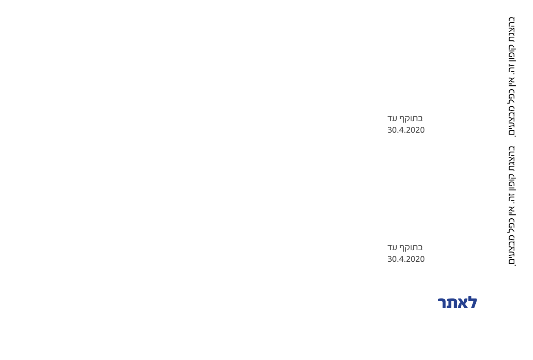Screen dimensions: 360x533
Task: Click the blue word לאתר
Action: [x=457, y=303]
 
